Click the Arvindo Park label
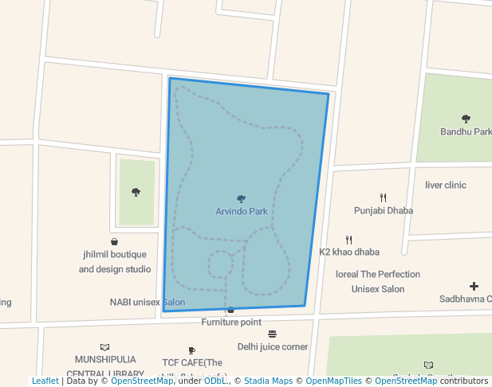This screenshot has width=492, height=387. [242, 212]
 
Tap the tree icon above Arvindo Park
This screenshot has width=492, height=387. [242, 199]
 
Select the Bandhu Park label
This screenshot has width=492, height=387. [466, 131]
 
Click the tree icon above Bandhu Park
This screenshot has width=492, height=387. [466, 119]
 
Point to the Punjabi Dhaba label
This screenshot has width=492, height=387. [384, 211]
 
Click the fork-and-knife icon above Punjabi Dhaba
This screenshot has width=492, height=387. [384, 197]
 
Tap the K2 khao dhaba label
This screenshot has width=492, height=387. [349, 252]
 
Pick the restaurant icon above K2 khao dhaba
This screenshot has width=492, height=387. [349, 239]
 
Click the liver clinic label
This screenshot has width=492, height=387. [446, 185]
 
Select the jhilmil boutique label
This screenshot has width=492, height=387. [115, 255]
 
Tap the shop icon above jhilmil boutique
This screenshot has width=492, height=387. [115, 241]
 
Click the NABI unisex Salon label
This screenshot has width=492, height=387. [148, 303]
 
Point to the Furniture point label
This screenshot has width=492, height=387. [231, 322]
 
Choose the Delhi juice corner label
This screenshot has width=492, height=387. [273, 346]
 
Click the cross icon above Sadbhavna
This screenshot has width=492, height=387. [474, 286]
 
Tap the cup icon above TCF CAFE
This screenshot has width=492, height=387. [191, 350]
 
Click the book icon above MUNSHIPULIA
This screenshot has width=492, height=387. [104, 347]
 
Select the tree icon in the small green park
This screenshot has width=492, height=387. [136, 192]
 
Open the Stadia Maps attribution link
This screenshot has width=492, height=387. [268, 381]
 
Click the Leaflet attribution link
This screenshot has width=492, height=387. [45, 381]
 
